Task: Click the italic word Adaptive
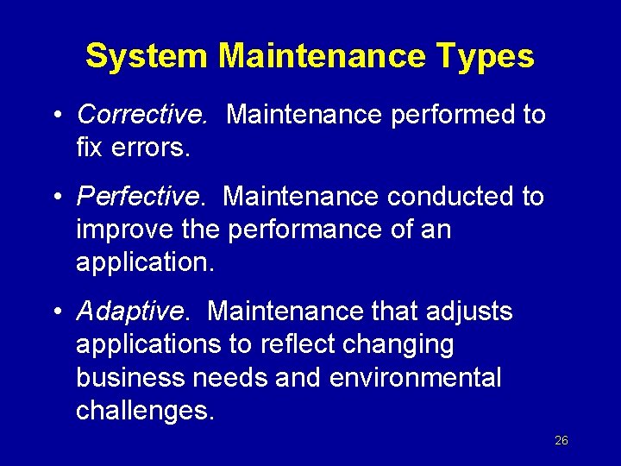coord(132,311)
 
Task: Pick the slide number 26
coord(561,440)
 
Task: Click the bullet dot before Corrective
coord(55,115)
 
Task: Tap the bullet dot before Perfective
coord(55,198)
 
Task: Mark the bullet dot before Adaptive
coord(55,312)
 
